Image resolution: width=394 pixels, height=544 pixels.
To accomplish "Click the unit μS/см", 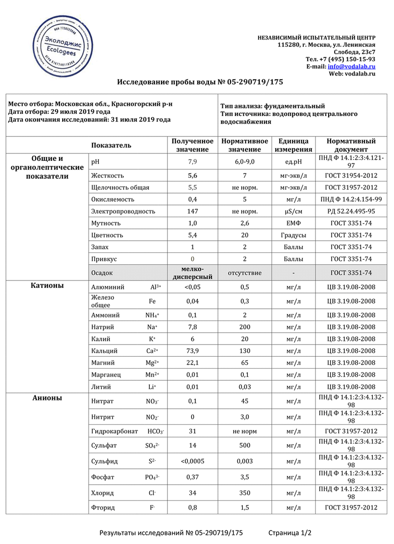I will [x=293, y=211].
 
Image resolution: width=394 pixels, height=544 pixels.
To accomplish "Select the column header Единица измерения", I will [x=293, y=146].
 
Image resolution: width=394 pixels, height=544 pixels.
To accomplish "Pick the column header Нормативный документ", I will [x=351, y=146].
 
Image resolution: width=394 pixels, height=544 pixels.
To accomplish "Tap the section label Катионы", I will [x=47, y=286].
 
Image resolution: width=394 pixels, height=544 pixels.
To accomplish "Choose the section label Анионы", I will [x=47, y=398].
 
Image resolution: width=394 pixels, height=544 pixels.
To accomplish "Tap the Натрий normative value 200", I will [x=245, y=327].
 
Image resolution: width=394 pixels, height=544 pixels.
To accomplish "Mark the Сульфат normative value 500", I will [x=245, y=446].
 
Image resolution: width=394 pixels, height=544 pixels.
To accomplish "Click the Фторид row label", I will [x=103, y=508].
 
